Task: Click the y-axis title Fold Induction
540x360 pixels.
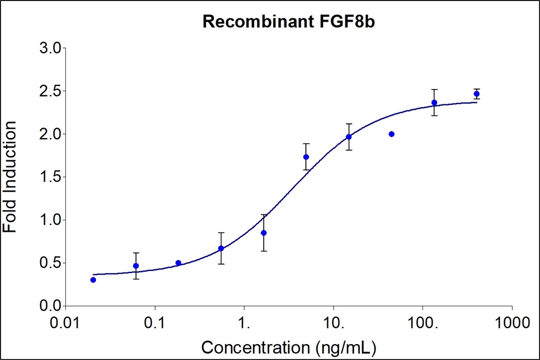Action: point(10,177)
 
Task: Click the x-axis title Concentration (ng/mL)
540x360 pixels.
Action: point(288,347)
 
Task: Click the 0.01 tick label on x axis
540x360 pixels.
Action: point(66,320)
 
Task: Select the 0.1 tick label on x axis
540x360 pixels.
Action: point(155,320)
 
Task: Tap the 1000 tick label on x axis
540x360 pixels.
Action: point(512,320)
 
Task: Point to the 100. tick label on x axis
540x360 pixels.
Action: point(423,320)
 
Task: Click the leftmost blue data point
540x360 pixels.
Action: point(93,280)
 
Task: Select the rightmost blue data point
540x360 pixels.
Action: point(477,94)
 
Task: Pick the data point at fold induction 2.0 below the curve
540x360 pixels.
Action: point(391,134)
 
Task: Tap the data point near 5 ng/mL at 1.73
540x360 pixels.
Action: point(306,157)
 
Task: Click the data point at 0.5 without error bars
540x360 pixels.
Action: point(178,263)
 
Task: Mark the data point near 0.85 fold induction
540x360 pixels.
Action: point(264,232)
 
